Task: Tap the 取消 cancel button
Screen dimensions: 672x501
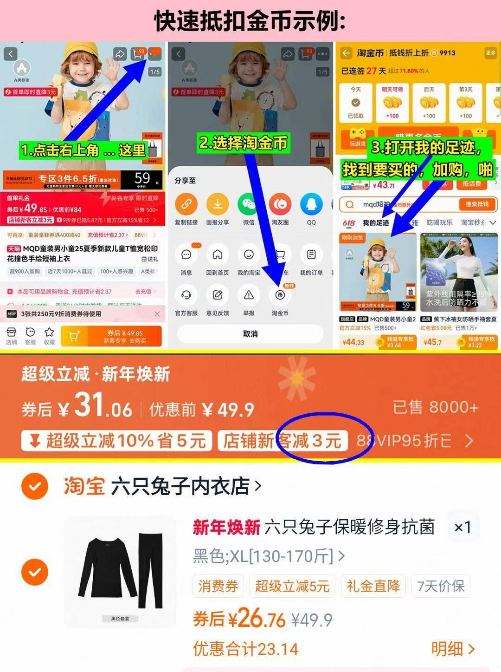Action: [250, 334]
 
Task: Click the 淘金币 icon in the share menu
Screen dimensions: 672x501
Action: [280, 295]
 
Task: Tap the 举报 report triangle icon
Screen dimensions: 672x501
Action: [249, 295]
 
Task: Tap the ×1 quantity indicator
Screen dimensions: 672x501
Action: [462, 527]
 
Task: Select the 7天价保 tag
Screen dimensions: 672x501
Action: [441, 586]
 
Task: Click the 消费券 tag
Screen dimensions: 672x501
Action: [218, 586]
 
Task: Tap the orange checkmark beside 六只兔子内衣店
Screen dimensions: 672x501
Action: [35, 486]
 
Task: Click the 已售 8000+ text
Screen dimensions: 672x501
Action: [435, 407]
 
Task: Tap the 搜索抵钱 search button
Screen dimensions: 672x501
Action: [477, 204]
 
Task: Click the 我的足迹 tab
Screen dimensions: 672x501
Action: [376, 223]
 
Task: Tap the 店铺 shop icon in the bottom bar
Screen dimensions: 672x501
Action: [12, 335]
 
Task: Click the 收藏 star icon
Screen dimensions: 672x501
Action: [49, 335]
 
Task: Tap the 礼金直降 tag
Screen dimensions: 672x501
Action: [373, 586]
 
